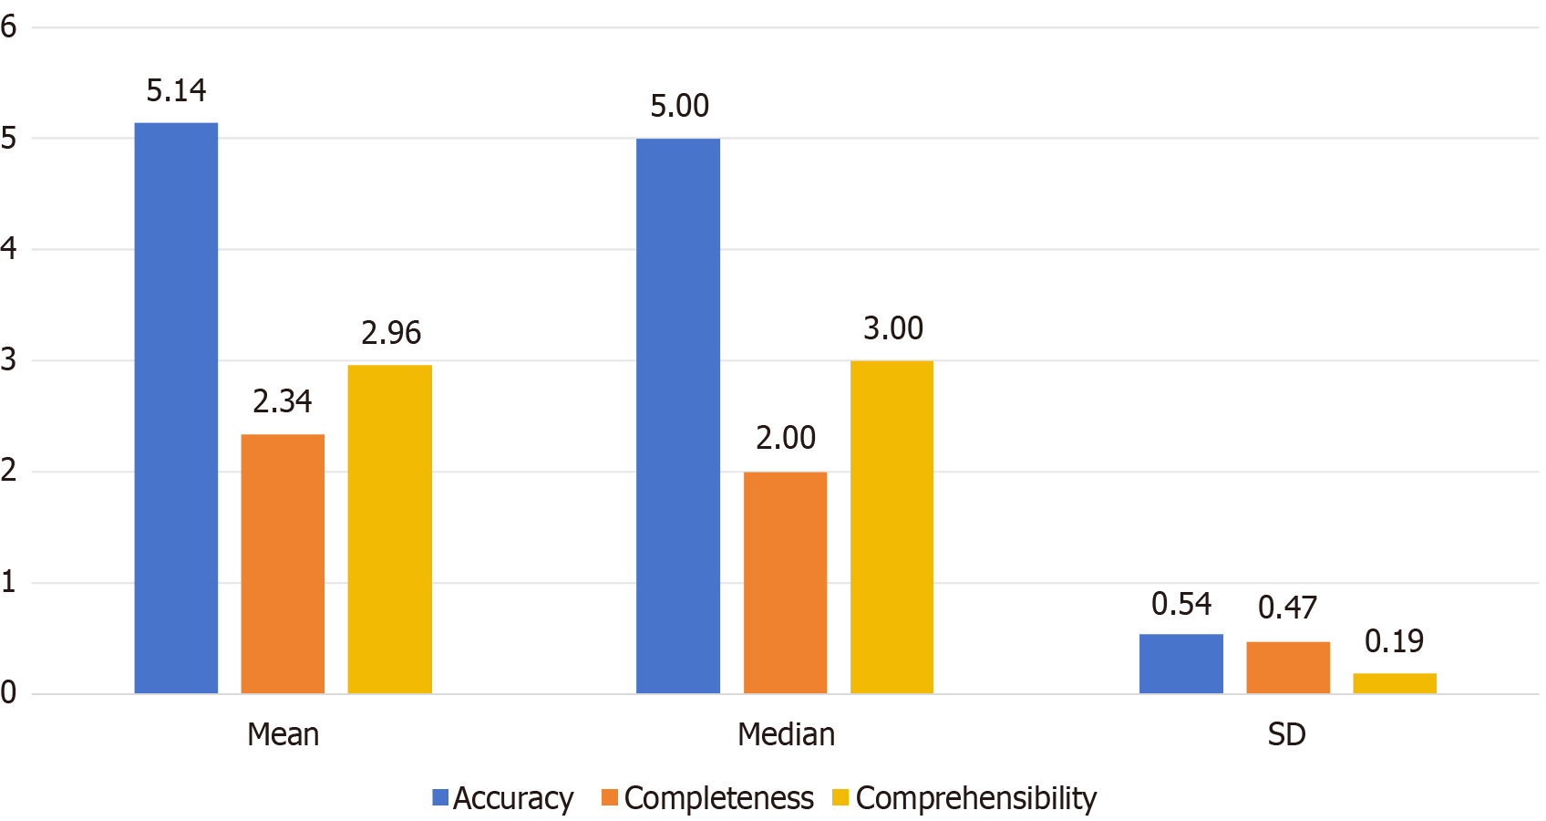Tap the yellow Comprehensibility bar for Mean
click(389, 529)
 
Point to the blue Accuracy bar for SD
click(1180, 663)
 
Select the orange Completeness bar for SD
click(1288, 667)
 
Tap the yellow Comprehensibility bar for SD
click(1395, 683)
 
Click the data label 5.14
click(176, 90)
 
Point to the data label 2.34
click(283, 401)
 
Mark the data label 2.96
click(391, 333)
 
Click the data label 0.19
click(1394, 641)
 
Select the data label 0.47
click(1287, 608)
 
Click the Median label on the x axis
click(786, 734)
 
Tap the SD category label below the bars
click(1286, 734)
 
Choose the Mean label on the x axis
click(283, 734)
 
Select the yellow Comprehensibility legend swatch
click(840, 798)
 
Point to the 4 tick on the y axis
click(9, 248)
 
